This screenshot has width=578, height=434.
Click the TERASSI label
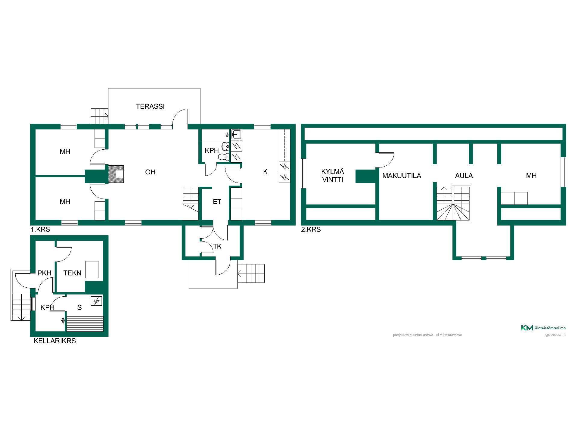(x=150, y=106)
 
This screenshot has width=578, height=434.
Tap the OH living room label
(x=150, y=172)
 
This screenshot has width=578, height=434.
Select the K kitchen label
(x=265, y=171)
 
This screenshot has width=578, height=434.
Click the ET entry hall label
(x=217, y=202)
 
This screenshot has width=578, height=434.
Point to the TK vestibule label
(x=217, y=246)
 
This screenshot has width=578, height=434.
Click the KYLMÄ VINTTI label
(x=333, y=176)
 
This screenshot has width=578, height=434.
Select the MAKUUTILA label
(x=402, y=176)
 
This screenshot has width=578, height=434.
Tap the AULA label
(x=464, y=176)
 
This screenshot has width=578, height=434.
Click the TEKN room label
(x=72, y=273)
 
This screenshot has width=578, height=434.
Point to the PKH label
(x=44, y=273)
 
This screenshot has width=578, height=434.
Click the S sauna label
(x=79, y=307)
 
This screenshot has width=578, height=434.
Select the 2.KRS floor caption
(x=311, y=229)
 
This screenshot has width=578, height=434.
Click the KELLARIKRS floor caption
(x=55, y=341)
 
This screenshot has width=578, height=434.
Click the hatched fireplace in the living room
(x=116, y=174)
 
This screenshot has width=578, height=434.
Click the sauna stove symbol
(x=97, y=301)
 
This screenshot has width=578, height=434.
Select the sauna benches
(x=85, y=324)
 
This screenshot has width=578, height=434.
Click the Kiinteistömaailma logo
(x=543, y=328)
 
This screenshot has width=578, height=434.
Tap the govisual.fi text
(x=555, y=335)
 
